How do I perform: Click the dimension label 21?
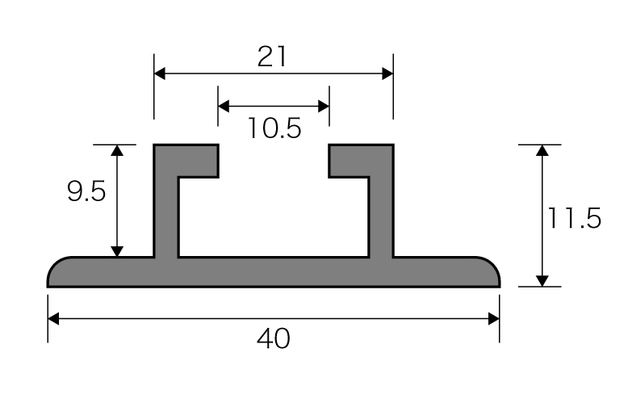point(272,57)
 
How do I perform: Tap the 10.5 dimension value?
point(274,128)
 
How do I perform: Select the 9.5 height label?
point(86,191)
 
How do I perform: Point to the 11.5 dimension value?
point(575,218)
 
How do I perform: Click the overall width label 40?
point(274,338)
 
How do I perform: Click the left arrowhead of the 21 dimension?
point(159,73)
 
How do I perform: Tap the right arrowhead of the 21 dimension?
point(387,73)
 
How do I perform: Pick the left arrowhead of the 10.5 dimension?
point(224,106)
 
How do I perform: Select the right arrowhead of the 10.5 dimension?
point(324,106)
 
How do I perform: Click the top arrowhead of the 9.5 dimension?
point(117,150)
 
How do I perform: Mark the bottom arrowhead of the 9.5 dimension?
point(117,251)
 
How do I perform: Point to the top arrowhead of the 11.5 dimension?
point(542,150)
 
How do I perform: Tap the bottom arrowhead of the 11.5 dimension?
point(542,281)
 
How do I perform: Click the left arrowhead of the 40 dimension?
point(53,319)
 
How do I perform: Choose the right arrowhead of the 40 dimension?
point(494,319)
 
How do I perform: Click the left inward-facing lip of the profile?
point(199,161)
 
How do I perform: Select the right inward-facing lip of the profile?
point(349,161)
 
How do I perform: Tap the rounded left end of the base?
point(60,272)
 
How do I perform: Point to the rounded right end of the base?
point(488,272)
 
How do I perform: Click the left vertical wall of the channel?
point(165,200)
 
